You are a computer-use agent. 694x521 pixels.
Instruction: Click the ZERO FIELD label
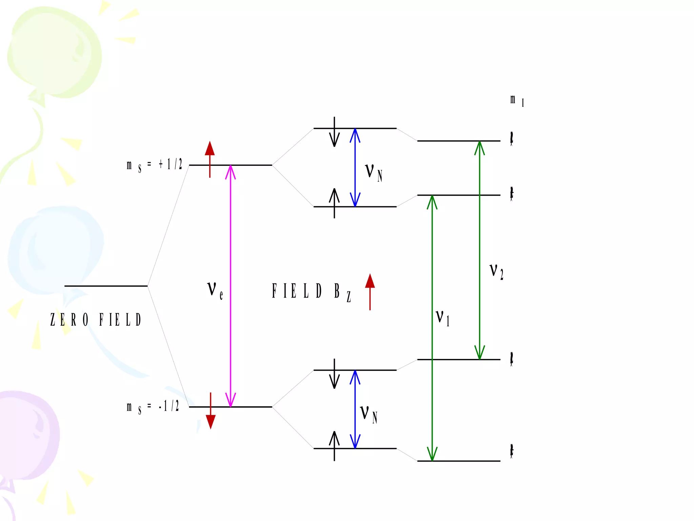[x=96, y=320]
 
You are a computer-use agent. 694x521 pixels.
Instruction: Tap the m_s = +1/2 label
[x=154, y=166]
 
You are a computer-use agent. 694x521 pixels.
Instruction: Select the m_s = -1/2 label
[x=152, y=407]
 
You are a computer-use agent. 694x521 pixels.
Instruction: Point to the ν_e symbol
[x=215, y=290]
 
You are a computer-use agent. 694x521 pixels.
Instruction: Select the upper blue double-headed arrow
[x=355, y=168]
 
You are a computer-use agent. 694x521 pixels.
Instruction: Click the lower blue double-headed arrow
[x=355, y=409]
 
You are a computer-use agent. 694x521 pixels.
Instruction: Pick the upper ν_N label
[x=373, y=172]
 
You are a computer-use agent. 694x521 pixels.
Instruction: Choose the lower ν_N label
[x=368, y=414]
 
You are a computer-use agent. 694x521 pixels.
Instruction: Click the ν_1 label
[x=443, y=318]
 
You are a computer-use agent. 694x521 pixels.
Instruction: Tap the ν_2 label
[x=496, y=271]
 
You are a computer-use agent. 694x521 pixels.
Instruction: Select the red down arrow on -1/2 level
[x=210, y=411]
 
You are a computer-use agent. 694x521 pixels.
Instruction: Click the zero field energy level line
[x=106, y=286]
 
